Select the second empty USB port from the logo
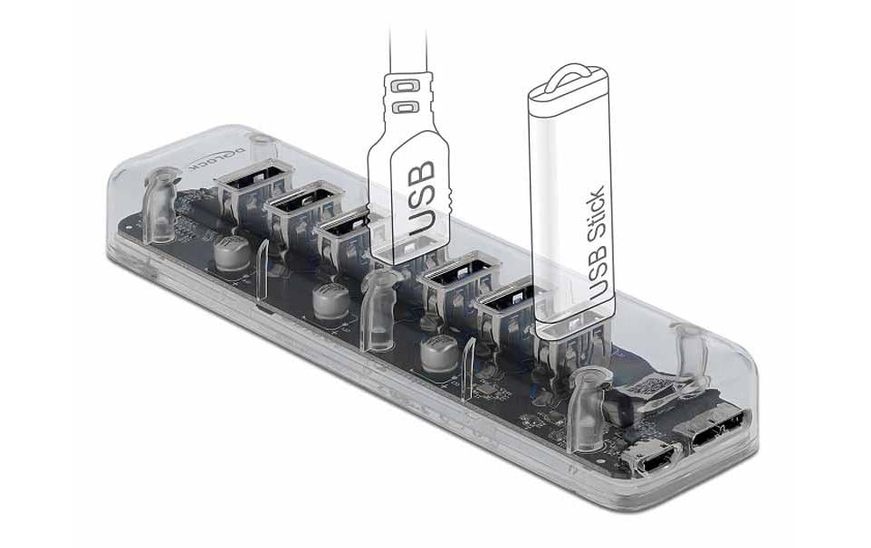[x=297, y=206]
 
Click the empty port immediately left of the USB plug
[x=347, y=230]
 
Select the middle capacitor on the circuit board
[x=328, y=300]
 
